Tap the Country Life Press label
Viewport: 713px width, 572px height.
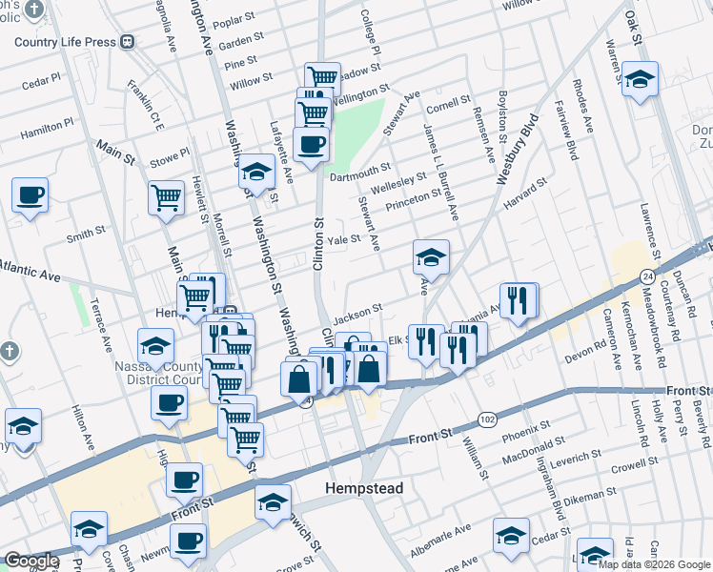click(x=66, y=42)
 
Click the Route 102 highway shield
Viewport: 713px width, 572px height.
click(x=487, y=419)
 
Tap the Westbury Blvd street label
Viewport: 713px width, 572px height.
click(x=518, y=149)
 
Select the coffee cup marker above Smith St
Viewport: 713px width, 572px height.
click(x=31, y=195)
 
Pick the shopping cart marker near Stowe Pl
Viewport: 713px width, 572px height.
click(x=166, y=197)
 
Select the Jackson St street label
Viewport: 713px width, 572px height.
click(x=358, y=311)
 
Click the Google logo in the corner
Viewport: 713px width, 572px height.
click(x=31, y=561)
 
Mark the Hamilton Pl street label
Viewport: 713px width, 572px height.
click(x=46, y=125)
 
